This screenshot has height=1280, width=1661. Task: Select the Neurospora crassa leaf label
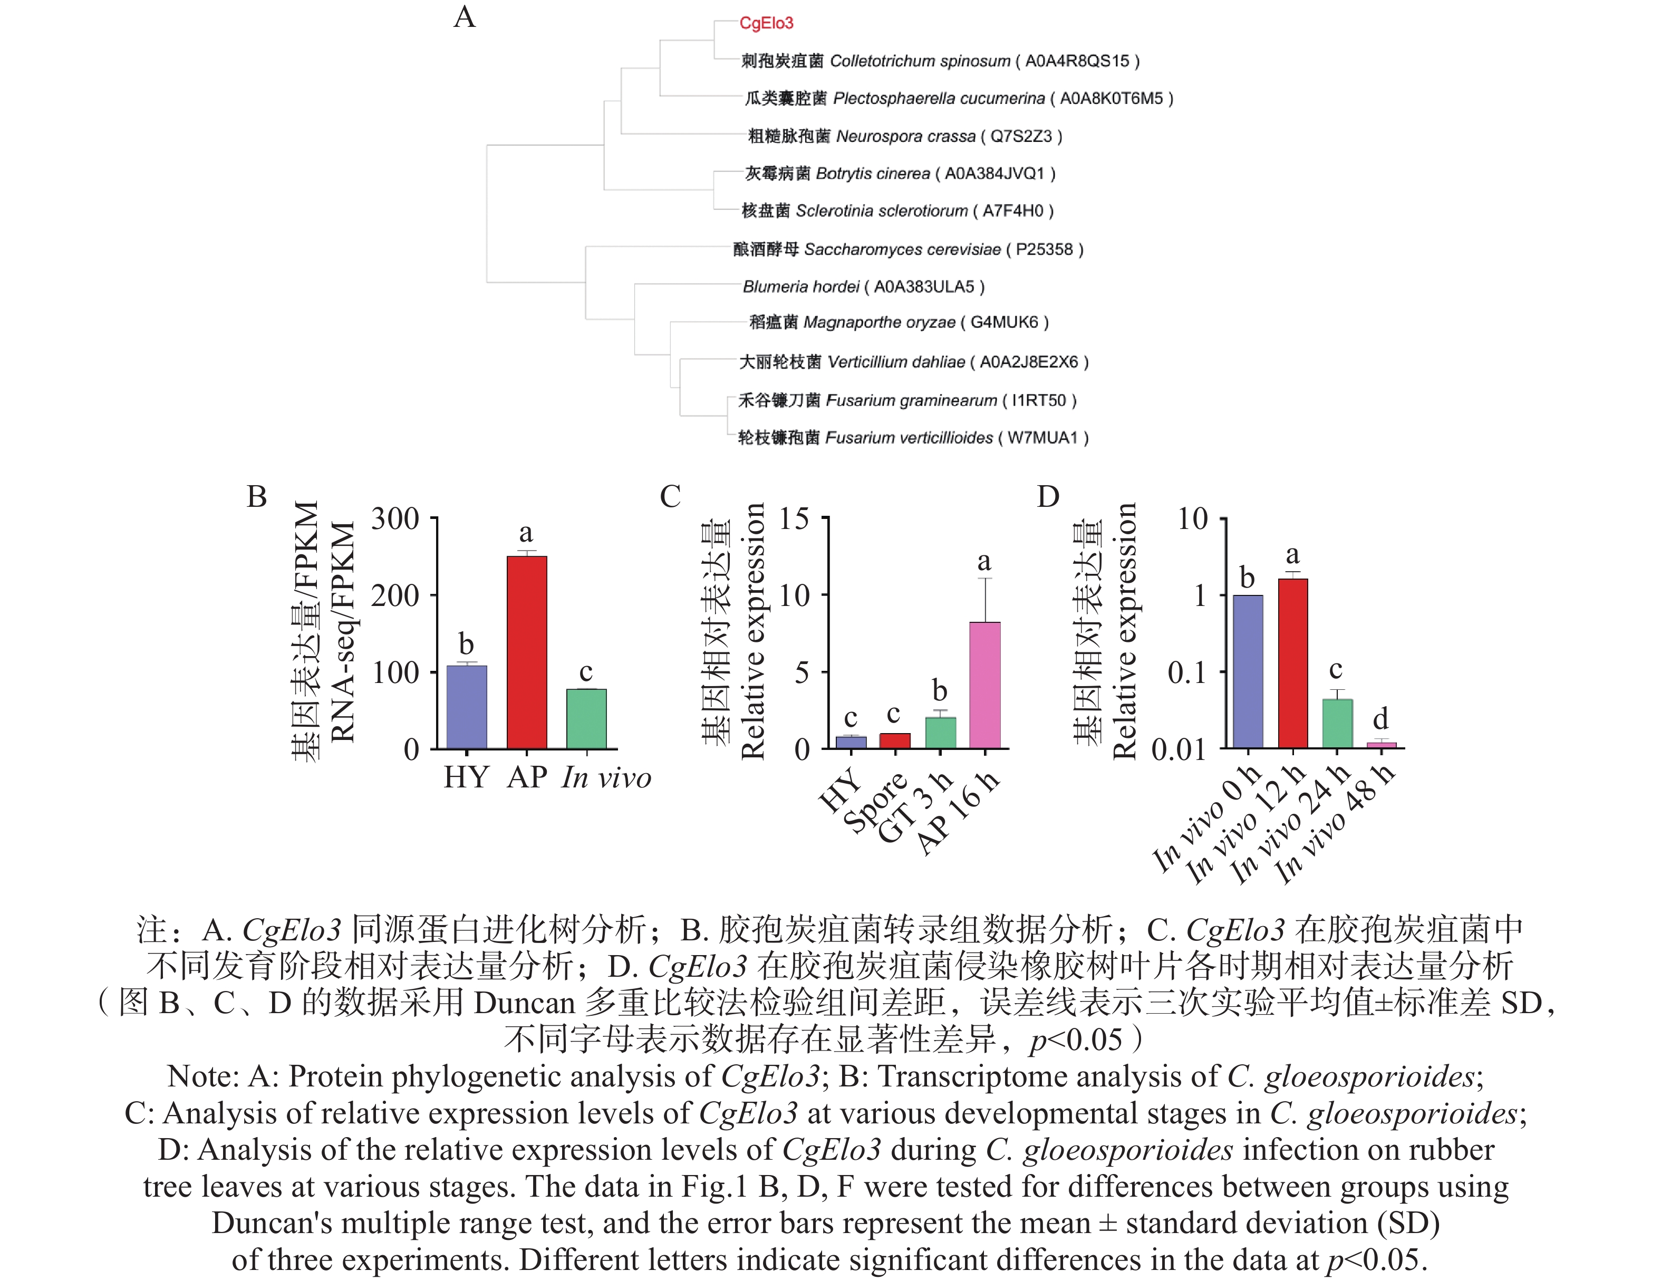pyautogui.click(x=905, y=136)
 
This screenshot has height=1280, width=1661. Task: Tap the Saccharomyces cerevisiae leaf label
pyautogui.click(x=908, y=249)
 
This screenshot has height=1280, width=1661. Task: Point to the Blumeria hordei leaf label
pyautogui.click(x=863, y=287)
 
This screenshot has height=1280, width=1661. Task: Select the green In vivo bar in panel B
pyautogui.click(x=586, y=719)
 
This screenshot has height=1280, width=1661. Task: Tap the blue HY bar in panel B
pyautogui.click(x=466, y=707)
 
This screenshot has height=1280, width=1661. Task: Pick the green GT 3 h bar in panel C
pyautogui.click(x=940, y=733)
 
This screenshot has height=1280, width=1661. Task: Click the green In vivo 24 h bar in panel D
pyautogui.click(x=1337, y=723)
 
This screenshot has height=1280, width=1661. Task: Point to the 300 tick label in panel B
pyautogui.click(x=395, y=519)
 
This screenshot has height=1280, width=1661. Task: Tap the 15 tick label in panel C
pyautogui.click(x=794, y=519)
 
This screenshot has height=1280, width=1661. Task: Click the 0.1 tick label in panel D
pyautogui.click(x=1186, y=673)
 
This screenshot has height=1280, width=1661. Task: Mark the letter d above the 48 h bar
pyautogui.click(x=1380, y=718)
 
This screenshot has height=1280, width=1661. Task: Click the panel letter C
pyautogui.click(x=670, y=497)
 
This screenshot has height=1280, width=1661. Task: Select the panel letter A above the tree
pyautogui.click(x=464, y=17)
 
